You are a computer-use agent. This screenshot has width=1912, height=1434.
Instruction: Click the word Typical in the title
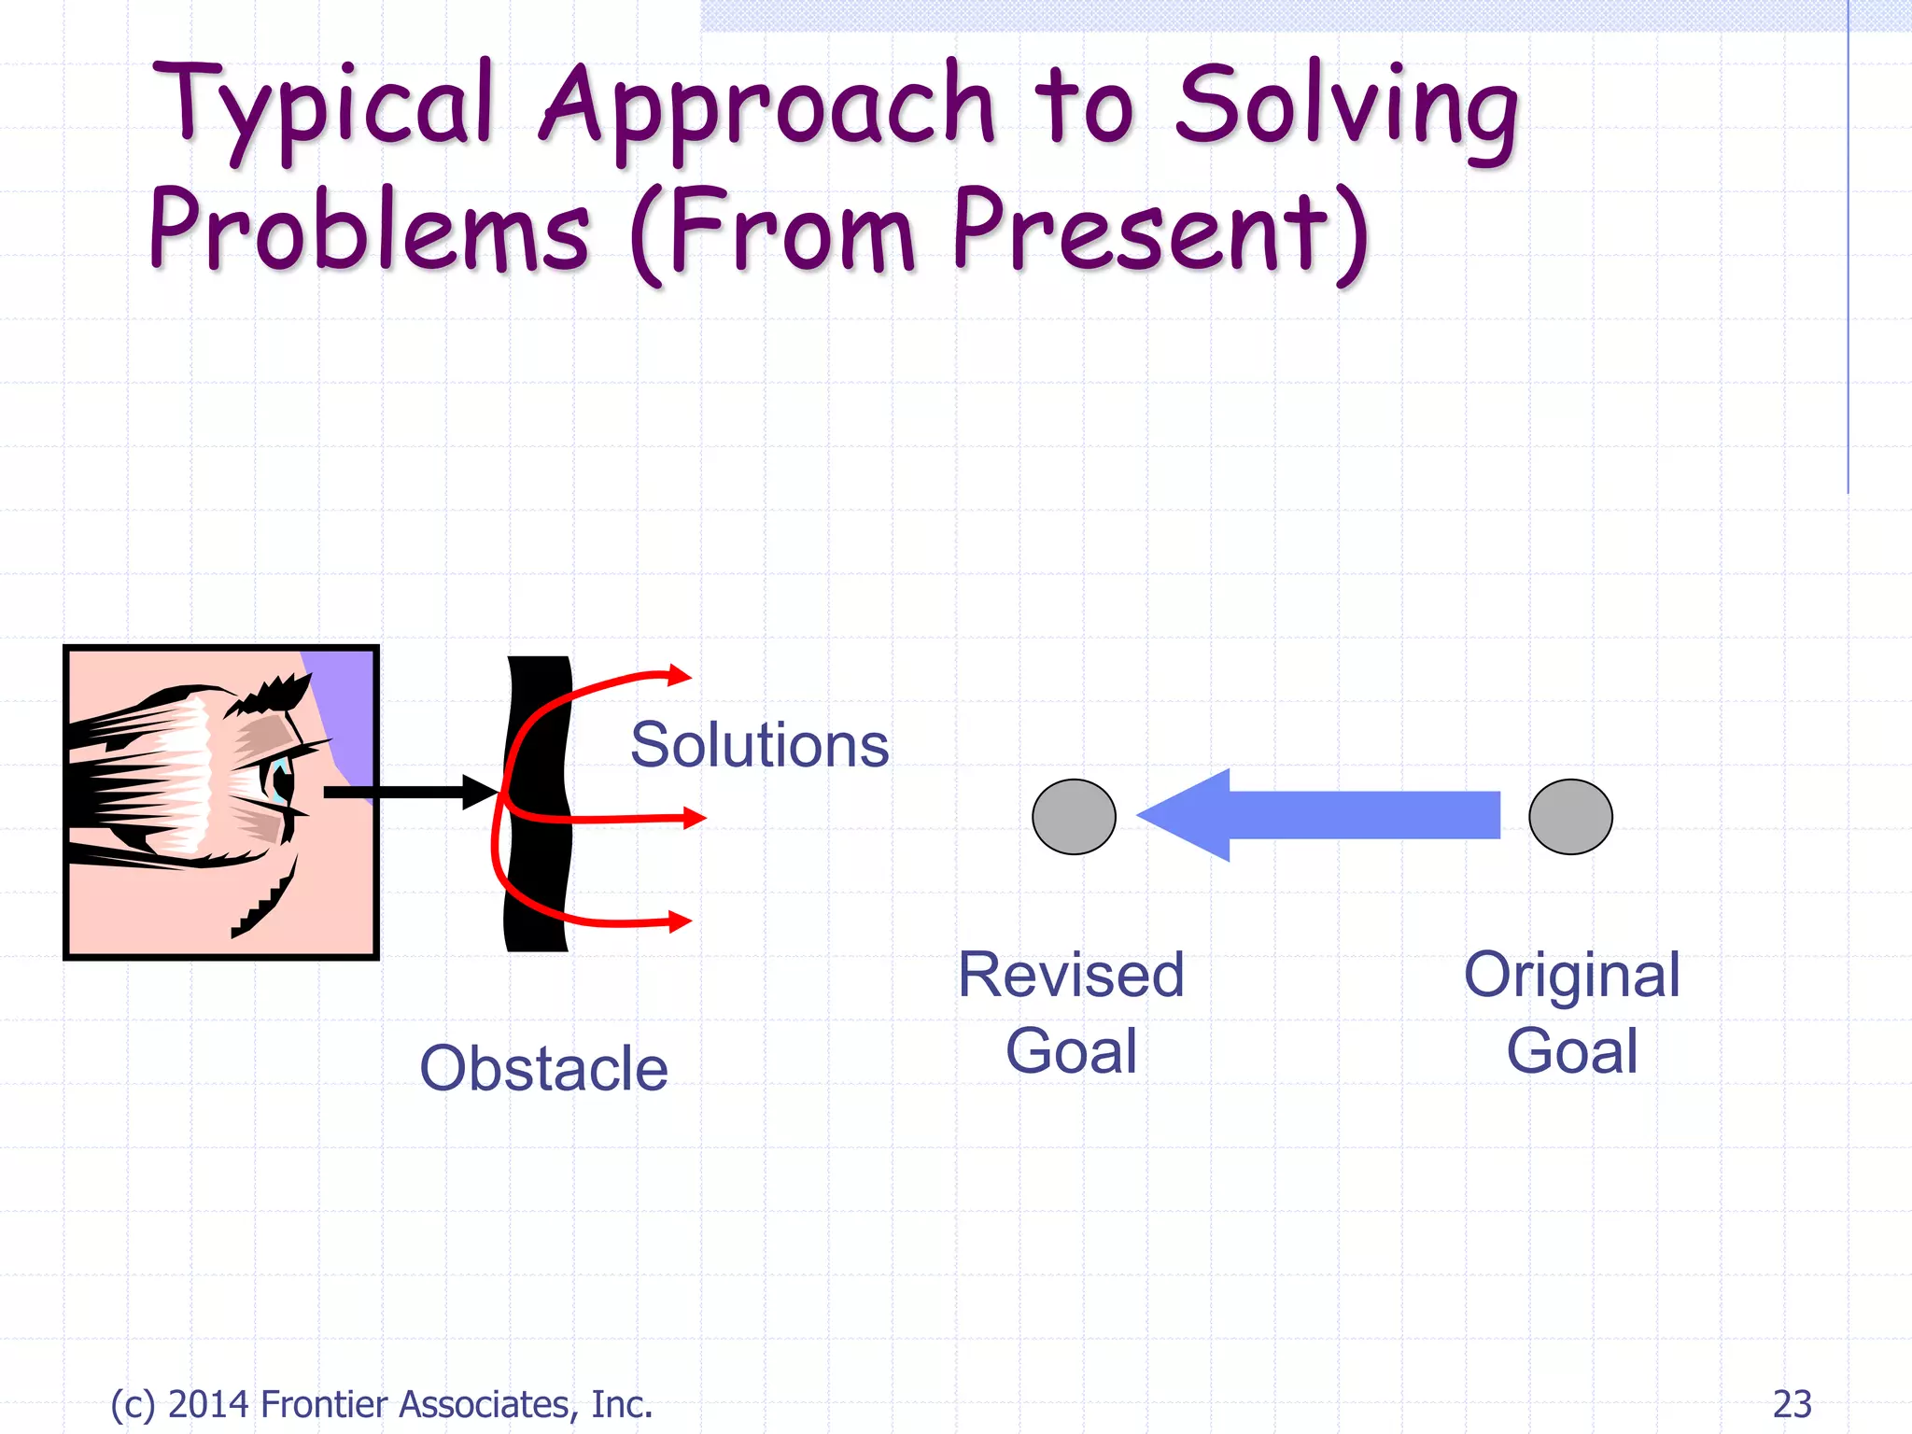[322, 107]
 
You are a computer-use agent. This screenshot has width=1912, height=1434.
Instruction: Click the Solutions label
[759, 745]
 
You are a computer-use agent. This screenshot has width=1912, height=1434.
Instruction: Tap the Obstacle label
[543, 1068]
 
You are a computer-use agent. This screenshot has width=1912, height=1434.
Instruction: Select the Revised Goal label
[1071, 1013]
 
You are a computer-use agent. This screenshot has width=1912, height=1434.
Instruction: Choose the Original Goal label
[1572, 1013]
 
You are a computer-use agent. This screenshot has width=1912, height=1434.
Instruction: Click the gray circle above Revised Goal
[1074, 817]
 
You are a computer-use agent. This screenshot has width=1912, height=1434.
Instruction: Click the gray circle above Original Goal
[1570, 817]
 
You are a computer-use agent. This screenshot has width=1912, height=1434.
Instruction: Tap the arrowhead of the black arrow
[481, 793]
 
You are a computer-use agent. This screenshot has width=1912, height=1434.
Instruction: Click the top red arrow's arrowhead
[680, 674]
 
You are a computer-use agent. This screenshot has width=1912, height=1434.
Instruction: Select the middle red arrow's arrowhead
[694, 818]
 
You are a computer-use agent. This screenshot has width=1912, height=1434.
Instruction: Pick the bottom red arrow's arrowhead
[681, 921]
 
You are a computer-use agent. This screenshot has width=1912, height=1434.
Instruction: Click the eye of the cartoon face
[279, 778]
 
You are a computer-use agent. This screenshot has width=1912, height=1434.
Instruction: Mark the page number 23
[1792, 1404]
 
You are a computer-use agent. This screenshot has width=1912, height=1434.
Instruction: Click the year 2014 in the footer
[208, 1404]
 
